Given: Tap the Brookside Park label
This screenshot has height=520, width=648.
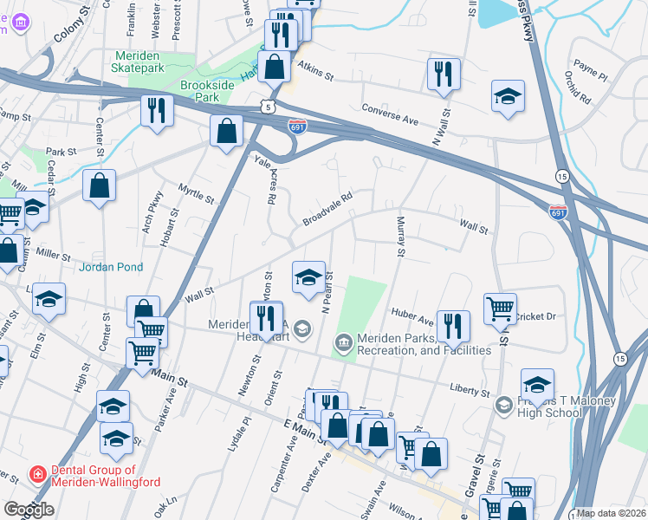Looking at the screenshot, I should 200,92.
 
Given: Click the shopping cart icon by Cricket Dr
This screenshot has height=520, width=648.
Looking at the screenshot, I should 500,308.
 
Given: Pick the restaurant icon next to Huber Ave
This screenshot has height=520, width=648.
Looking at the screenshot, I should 452,325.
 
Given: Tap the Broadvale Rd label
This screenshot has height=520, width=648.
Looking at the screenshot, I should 327,210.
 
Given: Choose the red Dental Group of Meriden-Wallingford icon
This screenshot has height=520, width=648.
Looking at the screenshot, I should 37,473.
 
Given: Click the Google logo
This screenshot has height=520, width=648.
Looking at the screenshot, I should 29,510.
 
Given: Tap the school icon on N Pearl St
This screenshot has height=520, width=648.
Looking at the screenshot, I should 309,276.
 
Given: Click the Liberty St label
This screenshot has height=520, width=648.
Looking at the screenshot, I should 470,392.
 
